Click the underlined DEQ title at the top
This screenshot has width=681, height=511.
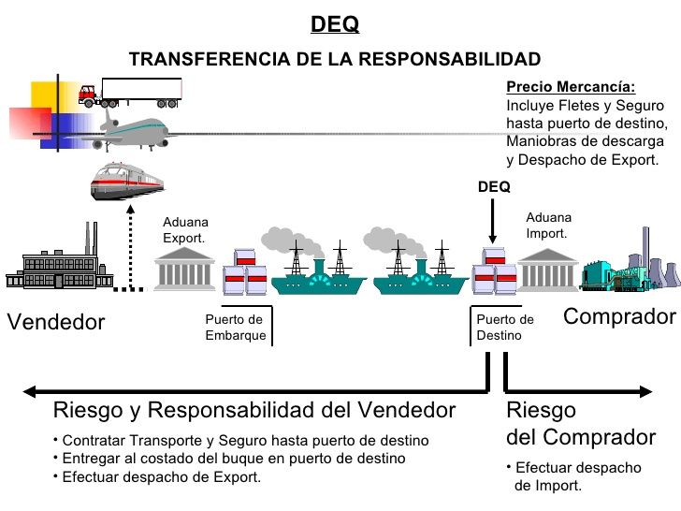click(334, 23)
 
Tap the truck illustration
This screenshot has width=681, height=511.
click(131, 92)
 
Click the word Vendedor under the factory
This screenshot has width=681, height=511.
click(56, 322)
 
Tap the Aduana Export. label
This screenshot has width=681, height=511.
click(184, 230)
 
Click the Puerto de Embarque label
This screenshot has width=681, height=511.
click(235, 328)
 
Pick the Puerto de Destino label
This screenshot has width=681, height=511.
click(505, 328)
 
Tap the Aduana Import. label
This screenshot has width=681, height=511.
click(548, 225)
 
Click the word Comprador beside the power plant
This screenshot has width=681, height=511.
click(619, 316)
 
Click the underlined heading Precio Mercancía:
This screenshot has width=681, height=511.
click(571, 87)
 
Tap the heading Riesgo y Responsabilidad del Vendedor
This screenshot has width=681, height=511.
click(254, 410)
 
